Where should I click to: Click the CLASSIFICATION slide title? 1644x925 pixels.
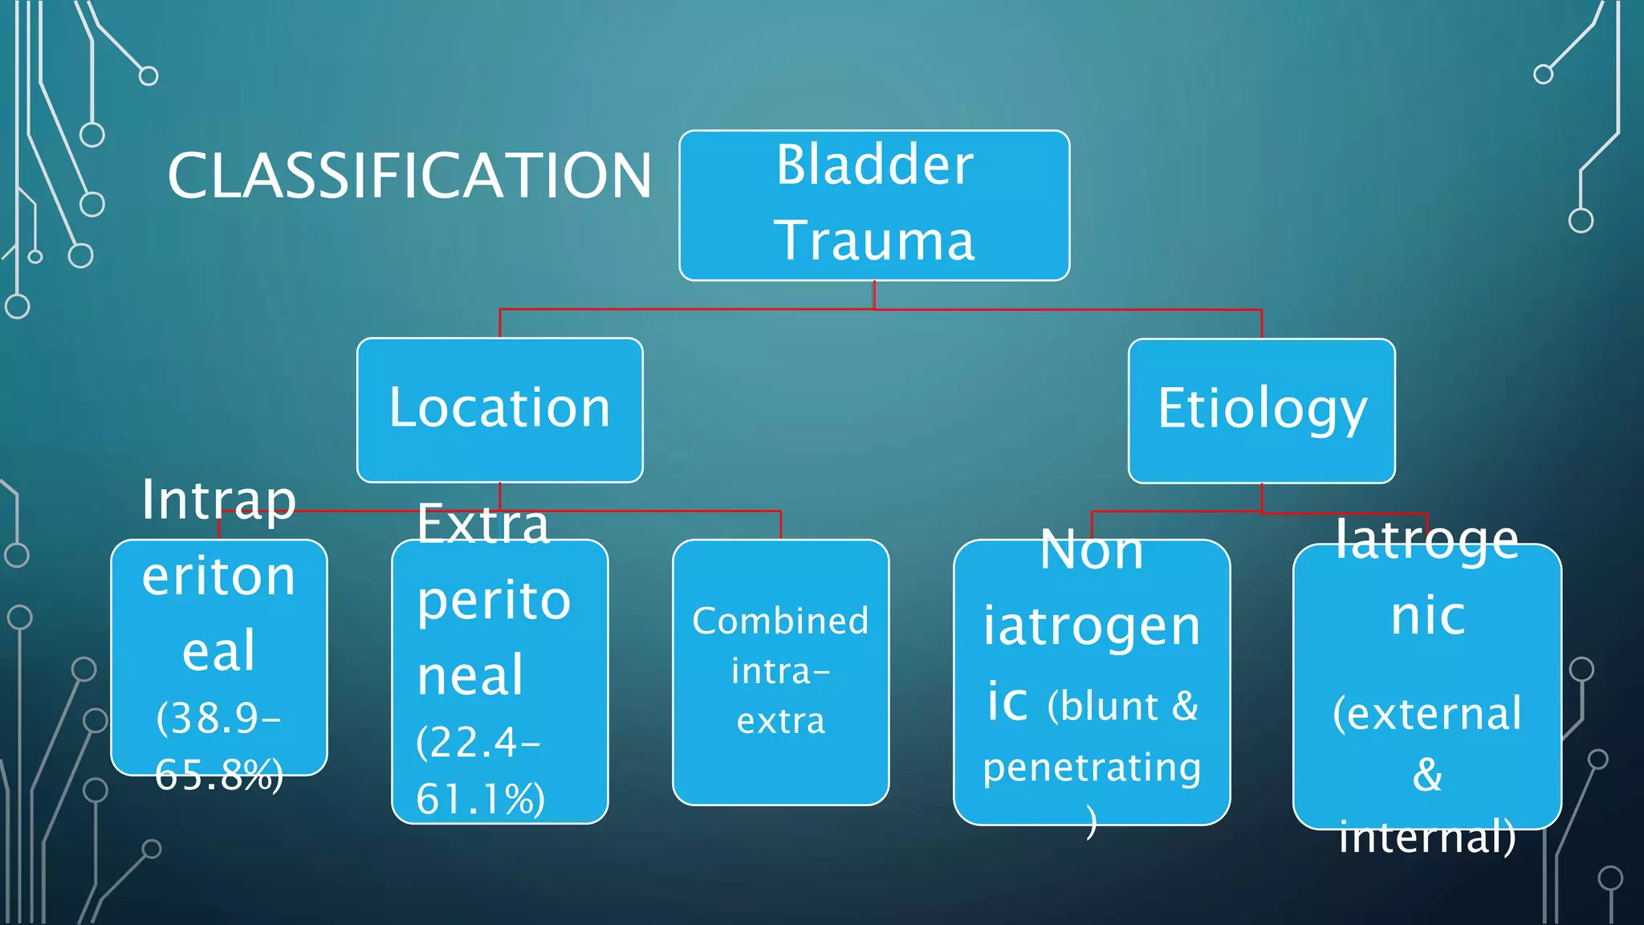coord(409,176)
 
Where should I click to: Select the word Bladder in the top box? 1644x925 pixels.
coord(874,165)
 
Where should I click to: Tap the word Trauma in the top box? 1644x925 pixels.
coord(874,240)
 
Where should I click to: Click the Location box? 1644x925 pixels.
coord(499,409)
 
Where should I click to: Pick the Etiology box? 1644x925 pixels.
coord(1261,410)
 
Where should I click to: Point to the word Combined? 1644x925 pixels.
coord(780,621)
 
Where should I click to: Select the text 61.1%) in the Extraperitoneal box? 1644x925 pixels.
coord(480,798)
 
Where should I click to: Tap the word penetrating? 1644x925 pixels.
coord(1092,768)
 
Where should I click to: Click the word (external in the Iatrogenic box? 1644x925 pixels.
coord(1426,713)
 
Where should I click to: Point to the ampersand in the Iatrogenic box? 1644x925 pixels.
coord(1427,775)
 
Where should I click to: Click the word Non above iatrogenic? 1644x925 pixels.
coord(1092,551)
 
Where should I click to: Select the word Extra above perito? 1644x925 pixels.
coord(483,524)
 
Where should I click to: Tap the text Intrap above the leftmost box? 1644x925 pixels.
coord(218,500)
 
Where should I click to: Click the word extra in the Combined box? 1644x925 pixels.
coord(780,721)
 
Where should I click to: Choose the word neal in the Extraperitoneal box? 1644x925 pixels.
coord(470,675)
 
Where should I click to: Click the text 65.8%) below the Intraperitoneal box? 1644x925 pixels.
coord(218,775)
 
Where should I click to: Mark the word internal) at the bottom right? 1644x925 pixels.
coord(1427,837)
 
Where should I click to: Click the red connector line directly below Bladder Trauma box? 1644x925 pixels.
coord(874,295)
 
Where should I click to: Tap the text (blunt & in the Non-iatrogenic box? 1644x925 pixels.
coord(1122,707)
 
